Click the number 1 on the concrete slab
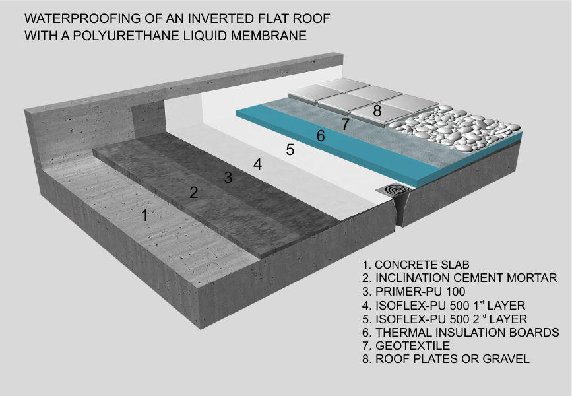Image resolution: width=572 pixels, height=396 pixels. [x=145, y=215]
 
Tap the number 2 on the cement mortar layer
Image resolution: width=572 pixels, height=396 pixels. [x=193, y=193]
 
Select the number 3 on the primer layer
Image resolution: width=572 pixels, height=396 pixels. [x=228, y=177]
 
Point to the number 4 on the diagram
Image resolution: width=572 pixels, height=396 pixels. [x=257, y=164]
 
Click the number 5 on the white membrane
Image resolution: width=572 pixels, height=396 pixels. [x=290, y=150]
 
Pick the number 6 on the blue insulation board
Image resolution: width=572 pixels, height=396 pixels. [x=321, y=136]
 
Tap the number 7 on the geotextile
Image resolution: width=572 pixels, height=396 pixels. [x=345, y=123]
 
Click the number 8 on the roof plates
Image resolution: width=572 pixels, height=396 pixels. [x=377, y=111]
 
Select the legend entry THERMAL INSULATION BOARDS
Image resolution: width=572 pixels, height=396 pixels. [x=461, y=333]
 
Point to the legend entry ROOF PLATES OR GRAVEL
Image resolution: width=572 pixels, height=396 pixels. [x=445, y=359]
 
